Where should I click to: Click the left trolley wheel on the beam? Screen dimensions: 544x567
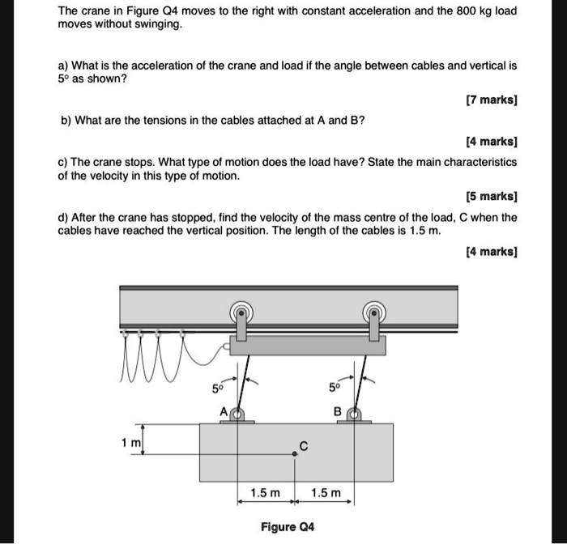click(x=241, y=311)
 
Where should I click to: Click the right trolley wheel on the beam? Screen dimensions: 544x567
click(x=373, y=311)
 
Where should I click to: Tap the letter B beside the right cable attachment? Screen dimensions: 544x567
click(x=338, y=411)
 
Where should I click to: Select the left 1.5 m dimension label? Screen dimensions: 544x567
click(x=265, y=493)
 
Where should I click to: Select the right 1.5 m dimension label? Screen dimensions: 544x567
click(x=326, y=493)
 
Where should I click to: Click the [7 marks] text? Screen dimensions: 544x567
click(x=492, y=100)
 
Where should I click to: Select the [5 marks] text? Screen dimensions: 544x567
click(x=492, y=197)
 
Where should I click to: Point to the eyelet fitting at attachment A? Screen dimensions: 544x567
click(x=237, y=415)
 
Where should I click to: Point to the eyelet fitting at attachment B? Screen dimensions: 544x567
click(x=353, y=415)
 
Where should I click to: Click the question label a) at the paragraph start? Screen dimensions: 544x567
click(x=63, y=64)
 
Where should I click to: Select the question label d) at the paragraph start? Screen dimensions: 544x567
click(x=63, y=218)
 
